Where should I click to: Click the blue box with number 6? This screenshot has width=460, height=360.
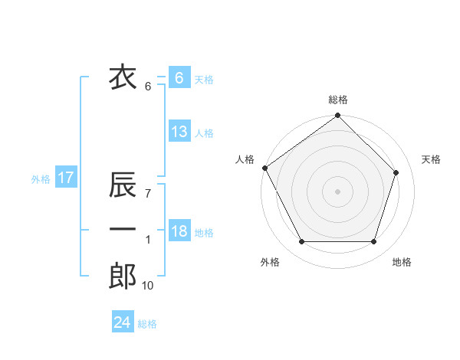pos(179,77)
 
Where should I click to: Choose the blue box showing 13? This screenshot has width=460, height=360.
pos(179,132)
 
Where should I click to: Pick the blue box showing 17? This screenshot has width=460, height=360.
pos(65,178)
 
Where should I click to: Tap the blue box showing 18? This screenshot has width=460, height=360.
pos(179,231)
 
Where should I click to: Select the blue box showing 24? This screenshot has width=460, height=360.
pos(123,322)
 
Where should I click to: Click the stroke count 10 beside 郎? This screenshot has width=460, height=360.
pos(147,286)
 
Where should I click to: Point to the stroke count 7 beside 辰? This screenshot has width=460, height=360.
pos(147,195)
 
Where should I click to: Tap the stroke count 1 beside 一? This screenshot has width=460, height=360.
pos(147,241)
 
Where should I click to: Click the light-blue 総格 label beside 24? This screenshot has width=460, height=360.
pos(147,324)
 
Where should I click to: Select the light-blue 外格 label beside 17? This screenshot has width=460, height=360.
pos(41,179)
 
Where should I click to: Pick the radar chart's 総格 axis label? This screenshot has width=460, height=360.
pos(338,100)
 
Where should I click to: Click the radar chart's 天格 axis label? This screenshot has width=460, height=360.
pos(432,159)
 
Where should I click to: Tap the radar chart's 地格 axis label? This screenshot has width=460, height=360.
pos(402,263)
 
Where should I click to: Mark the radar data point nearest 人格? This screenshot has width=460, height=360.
pos(264,168)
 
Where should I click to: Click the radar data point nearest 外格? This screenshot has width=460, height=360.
pos(301,242)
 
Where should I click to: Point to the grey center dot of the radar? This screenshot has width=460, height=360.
pos(337,191)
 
